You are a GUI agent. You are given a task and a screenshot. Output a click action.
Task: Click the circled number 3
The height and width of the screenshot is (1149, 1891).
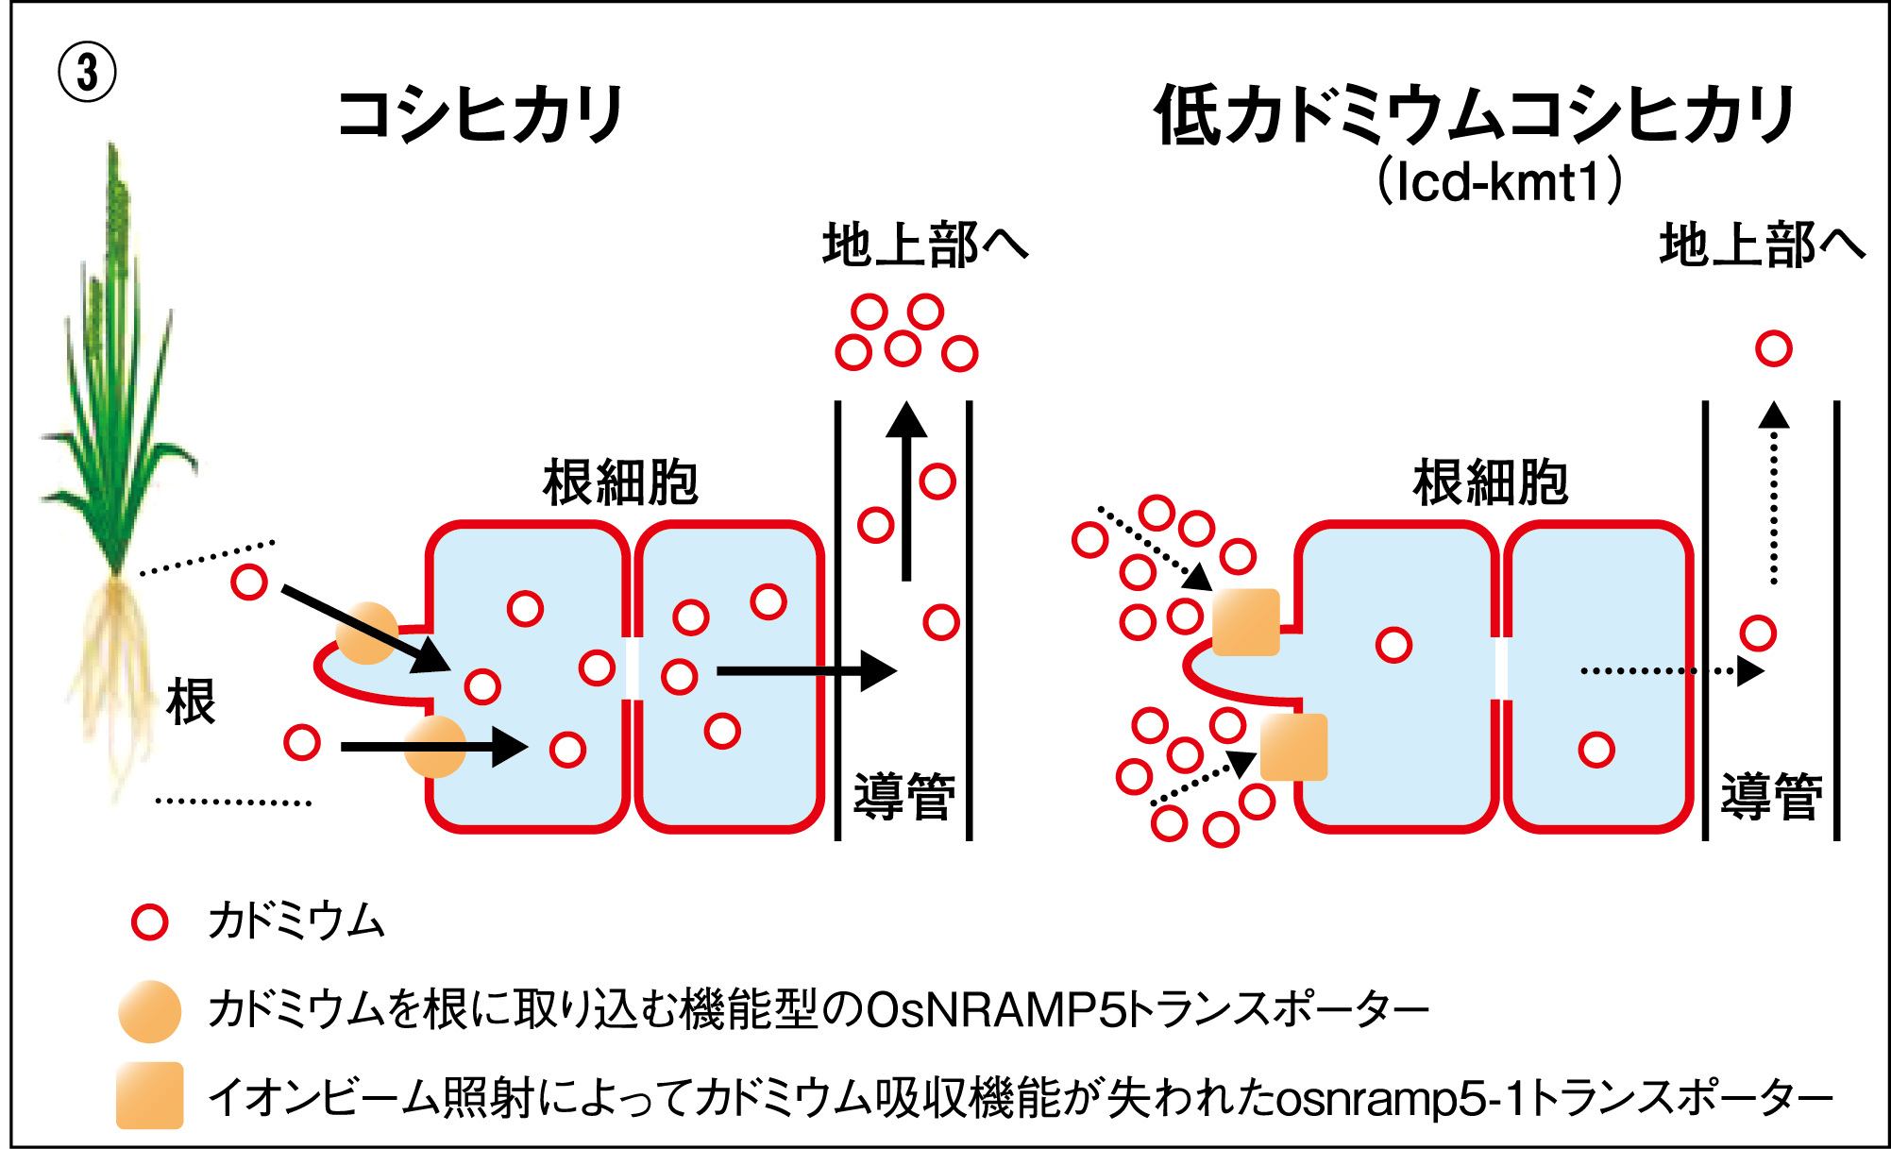[x=87, y=73]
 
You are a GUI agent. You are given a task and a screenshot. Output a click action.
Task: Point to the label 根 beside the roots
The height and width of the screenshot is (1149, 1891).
[x=191, y=701]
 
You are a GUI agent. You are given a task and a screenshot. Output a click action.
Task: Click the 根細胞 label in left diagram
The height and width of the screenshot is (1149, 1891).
[x=620, y=482]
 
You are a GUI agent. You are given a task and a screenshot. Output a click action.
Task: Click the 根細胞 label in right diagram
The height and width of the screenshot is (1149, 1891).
[x=1490, y=482]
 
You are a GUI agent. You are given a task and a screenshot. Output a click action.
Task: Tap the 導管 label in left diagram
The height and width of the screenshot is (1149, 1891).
[x=903, y=796]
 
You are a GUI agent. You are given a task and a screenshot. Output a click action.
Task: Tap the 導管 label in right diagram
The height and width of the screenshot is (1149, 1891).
[x=1771, y=796]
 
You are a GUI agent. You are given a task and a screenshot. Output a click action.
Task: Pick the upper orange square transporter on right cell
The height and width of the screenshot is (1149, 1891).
[x=1245, y=622]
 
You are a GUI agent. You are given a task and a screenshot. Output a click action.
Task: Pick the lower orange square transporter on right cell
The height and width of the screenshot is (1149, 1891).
[x=1293, y=747]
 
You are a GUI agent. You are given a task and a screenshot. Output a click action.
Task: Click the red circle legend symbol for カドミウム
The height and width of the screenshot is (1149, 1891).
[x=150, y=921]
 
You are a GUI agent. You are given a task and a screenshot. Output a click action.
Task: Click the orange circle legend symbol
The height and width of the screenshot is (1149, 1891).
[x=150, y=1011]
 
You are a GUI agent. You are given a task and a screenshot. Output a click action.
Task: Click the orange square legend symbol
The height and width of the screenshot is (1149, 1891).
[x=150, y=1095]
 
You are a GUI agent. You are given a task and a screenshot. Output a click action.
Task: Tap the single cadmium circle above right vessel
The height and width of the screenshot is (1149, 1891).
[x=1774, y=348]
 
